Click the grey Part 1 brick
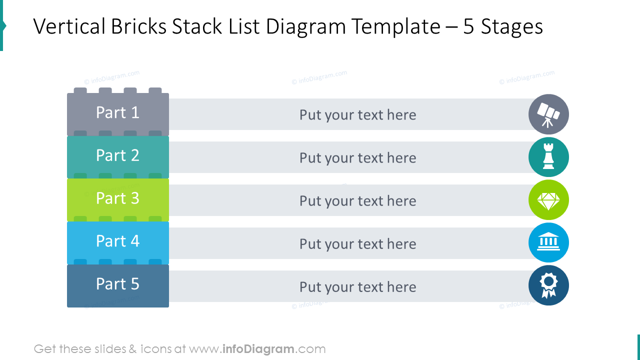[x=118, y=113]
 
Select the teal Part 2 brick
[x=118, y=156]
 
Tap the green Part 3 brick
[x=118, y=199]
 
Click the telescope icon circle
[x=548, y=114]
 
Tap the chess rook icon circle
[x=548, y=157]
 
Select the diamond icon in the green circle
[x=548, y=200]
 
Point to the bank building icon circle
[x=548, y=243]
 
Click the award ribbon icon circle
[x=548, y=285]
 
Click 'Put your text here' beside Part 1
[x=357, y=115]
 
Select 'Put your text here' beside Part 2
[x=357, y=158]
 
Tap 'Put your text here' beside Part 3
[x=357, y=201]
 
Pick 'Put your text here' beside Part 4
[x=357, y=244]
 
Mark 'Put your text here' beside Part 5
[x=357, y=287]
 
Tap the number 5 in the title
[x=468, y=27]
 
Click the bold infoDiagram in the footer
[x=258, y=349]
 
